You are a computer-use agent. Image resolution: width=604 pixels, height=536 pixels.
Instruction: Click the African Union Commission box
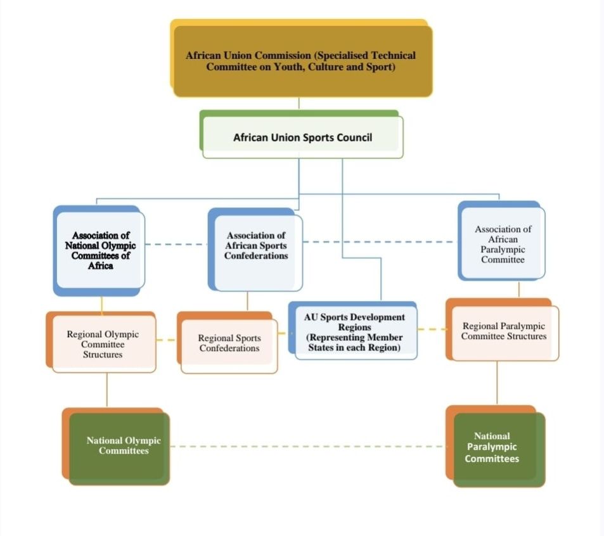[x=302, y=61]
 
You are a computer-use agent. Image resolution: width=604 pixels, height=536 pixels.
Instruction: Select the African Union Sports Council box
[x=302, y=137]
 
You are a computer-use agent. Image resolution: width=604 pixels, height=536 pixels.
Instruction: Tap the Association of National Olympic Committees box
[x=100, y=251]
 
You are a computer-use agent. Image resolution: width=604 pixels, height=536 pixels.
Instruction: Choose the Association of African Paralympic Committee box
[x=503, y=244]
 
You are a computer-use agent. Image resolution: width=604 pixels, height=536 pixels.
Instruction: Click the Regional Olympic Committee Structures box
[x=103, y=344]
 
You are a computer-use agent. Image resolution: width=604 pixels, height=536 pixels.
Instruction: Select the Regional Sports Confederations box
[x=229, y=344]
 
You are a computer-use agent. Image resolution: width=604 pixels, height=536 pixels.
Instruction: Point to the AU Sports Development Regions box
[x=354, y=332]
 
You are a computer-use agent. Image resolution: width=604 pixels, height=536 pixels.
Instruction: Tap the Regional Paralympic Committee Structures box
[x=504, y=331]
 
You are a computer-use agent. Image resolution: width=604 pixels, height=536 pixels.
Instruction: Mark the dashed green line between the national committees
[x=311, y=447]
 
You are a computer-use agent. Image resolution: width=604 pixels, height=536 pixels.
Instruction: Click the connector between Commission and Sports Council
[x=299, y=104]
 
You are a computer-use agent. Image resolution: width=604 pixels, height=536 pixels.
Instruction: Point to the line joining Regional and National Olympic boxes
[x=106, y=390]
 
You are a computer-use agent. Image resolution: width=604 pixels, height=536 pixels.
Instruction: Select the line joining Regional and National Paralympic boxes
[x=497, y=383]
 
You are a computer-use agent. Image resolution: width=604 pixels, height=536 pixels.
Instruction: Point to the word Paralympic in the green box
[x=492, y=447]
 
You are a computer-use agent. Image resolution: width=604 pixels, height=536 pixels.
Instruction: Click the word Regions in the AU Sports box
[x=354, y=327]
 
